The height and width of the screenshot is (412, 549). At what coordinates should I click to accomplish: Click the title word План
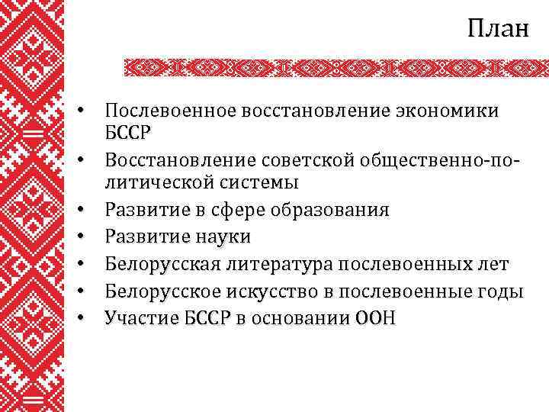pyautogui.click(x=497, y=29)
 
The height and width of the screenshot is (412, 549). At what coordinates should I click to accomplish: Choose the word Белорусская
pyautogui.click(x=164, y=264)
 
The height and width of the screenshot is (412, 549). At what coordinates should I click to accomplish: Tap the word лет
pyautogui.click(x=493, y=264)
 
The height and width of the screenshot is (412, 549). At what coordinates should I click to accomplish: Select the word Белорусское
pyautogui.click(x=164, y=291)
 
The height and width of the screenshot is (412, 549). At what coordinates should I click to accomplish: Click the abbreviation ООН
pyautogui.click(x=375, y=317)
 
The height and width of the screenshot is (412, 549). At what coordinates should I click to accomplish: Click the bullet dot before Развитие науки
pyautogui.click(x=89, y=238)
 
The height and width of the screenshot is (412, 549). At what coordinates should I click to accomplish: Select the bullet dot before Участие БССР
pyautogui.click(x=89, y=318)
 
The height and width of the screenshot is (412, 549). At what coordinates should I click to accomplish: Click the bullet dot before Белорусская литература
pyautogui.click(x=89, y=265)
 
